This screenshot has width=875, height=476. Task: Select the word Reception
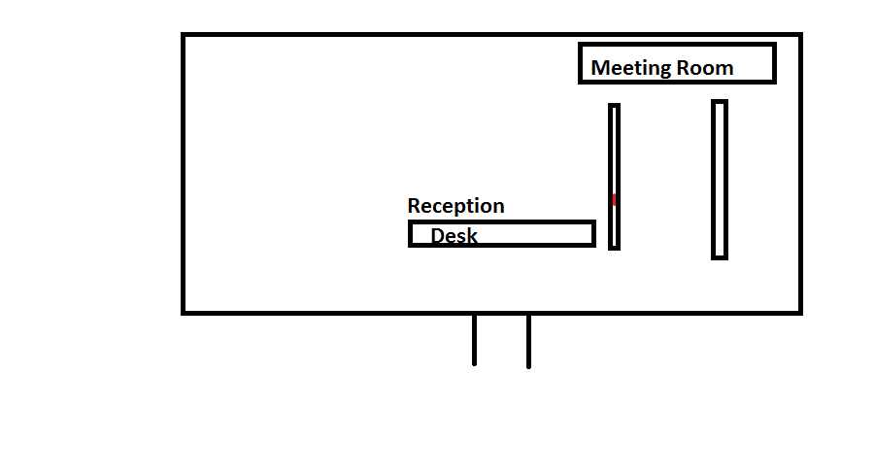[455, 206]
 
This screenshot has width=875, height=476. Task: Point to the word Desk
[454, 235]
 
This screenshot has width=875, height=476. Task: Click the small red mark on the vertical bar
[614, 200]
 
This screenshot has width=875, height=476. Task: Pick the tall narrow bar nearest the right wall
[720, 180]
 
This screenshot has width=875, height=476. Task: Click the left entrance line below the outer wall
[474, 340]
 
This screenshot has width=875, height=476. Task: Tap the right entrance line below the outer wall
[528, 341]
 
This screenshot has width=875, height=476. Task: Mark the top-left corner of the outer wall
[184, 35]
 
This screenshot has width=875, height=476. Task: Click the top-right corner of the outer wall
[800, 35]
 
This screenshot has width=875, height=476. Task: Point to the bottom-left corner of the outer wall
[184, 312]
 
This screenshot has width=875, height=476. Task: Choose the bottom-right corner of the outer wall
[800, 312]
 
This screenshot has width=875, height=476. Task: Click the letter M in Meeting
[600, 68]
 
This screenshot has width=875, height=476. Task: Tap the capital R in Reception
[414, 206]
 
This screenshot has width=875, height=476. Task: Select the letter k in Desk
[472, 235]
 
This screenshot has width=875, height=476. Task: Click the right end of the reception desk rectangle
[592, 233]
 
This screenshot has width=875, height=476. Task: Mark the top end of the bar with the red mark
[614, 106]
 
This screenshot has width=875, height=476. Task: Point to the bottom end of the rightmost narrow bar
[720, 256]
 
